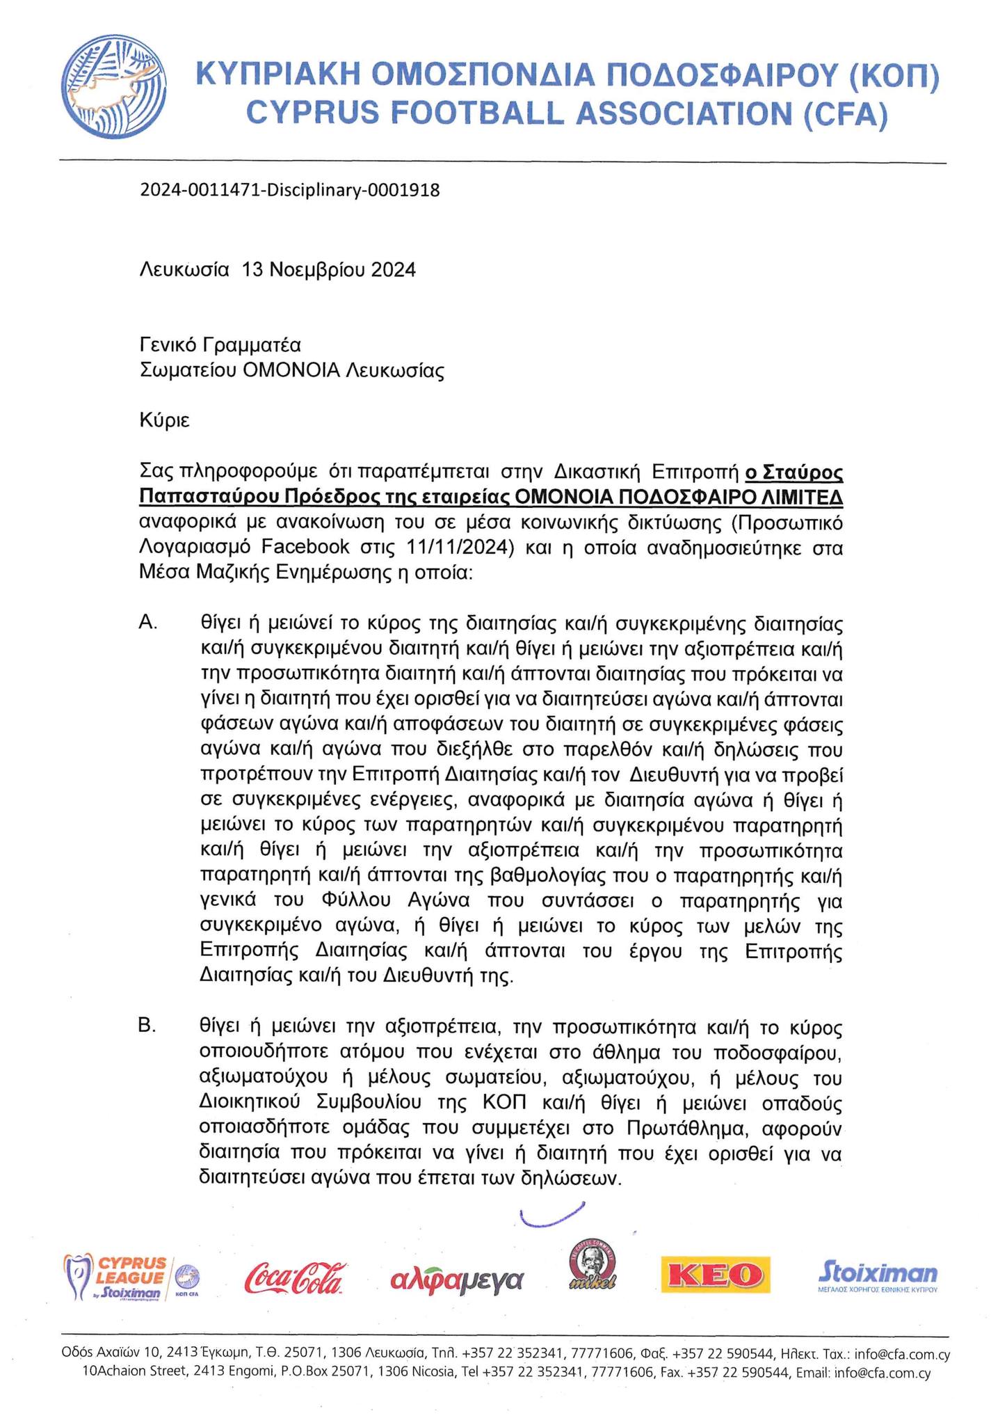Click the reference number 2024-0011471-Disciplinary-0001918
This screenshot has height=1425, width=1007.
[x=290, y=190]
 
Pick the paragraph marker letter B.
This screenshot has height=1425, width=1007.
[x=147, y=1026]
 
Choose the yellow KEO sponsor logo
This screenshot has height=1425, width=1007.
[x=716, y=1275]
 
